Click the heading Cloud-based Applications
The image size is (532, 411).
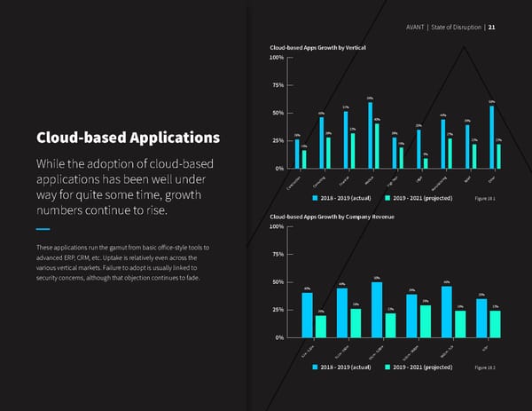128,138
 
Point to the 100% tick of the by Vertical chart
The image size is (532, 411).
275,58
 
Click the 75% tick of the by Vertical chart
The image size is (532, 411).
276,85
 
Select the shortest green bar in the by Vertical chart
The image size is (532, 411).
426,162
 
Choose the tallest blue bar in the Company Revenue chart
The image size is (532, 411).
377,310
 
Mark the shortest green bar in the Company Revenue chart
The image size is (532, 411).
321,327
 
